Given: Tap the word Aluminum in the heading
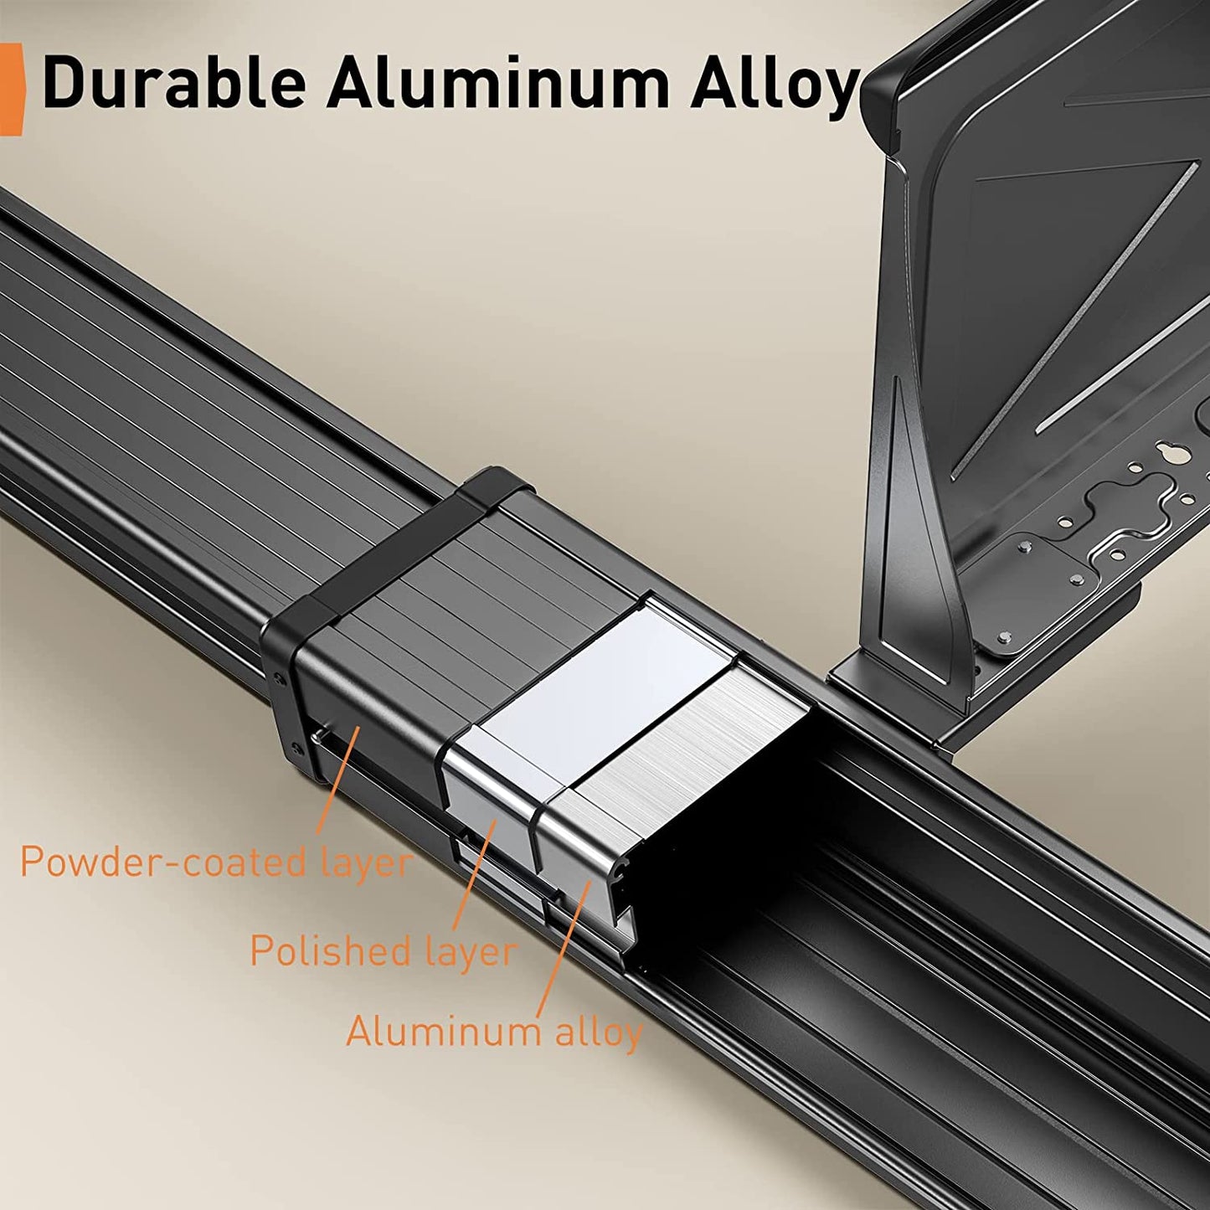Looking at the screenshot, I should (x=498, y=82).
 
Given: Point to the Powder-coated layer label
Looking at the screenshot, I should (x=216, y=862).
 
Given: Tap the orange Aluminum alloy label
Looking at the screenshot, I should (x=494, y=1032).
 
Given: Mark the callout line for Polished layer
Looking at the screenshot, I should (x=473, y=875).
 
